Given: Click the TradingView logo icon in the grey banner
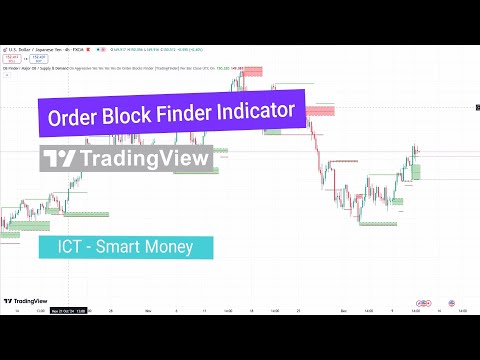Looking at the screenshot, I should point(61,160).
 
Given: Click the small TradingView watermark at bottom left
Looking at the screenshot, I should point(28,300).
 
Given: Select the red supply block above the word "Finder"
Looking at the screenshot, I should point(224,71).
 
